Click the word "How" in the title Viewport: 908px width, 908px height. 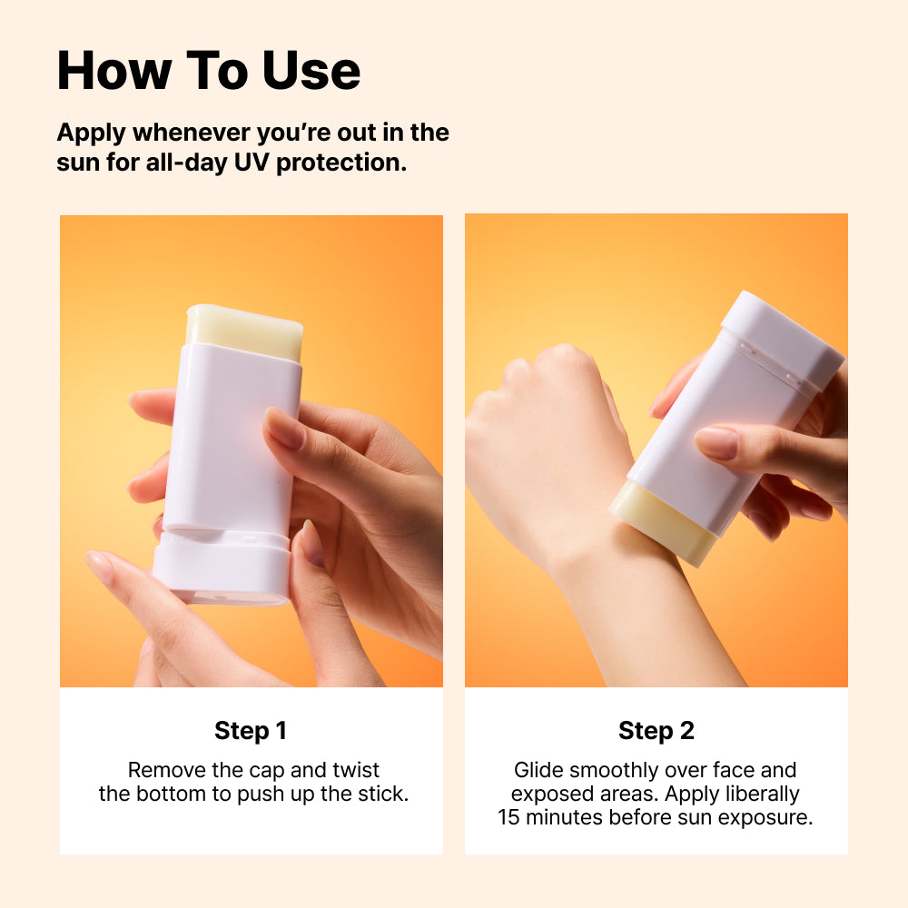point(114,71)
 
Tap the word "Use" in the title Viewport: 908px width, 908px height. point(311,71)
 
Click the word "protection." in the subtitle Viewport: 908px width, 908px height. point(341,163)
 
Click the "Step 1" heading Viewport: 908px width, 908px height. point(251,731)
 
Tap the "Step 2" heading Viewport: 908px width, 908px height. point(656,731)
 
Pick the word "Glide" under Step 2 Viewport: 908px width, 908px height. point(538,771)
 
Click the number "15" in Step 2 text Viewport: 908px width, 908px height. point(508,818)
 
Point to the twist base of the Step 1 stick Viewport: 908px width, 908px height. point(222,567)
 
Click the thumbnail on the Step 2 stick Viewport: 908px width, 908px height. point(716,443)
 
